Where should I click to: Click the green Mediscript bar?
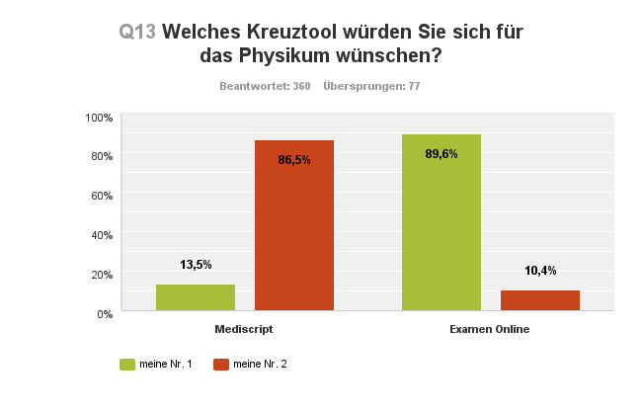point(196,297)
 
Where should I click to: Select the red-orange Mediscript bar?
point(294,225)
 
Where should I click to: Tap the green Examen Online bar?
point(441,222)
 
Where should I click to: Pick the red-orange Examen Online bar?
point(539,300)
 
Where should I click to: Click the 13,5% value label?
point(196,265)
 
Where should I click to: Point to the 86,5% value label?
point(294,159)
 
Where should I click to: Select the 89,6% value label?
point(441,153)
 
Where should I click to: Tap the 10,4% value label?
point(539,271)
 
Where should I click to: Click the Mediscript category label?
point(244,328)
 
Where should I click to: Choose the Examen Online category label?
point(490,328)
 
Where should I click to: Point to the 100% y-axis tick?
point(99,118)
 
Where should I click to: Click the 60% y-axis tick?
point(102,196)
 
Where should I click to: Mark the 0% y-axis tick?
point(105,313)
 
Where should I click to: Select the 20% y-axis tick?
point(102,274)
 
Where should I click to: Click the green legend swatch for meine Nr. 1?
point(126,365)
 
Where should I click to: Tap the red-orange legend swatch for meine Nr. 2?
point(221,365)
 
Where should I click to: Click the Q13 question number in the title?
point(137,32)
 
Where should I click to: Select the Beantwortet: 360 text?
point(265,87)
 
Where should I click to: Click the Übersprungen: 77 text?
point(372,87)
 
